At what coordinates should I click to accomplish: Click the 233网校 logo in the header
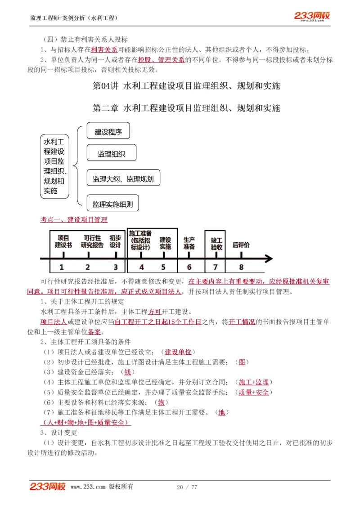coord(312,16)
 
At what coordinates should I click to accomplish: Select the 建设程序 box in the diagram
coord(108,132)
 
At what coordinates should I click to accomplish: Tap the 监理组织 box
coord(111,154)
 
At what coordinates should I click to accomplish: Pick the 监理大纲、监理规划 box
coord(123,179)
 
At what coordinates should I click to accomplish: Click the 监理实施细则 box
coord(112,204)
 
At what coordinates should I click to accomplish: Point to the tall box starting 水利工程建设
coord(54,166)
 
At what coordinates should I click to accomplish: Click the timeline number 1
coord(62,267)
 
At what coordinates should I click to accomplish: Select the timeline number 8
coord(241,267)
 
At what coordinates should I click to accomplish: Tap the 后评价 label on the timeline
coord(241,246)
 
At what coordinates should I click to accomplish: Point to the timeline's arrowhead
coord(269,259)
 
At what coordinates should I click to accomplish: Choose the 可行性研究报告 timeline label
coord(92,241)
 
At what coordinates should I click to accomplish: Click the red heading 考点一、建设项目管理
coord(74,219)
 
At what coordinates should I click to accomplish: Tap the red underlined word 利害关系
coord(104,50)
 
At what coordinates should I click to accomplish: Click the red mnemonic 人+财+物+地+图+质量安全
coord(85,422)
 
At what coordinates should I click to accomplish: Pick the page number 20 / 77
coord(187,487)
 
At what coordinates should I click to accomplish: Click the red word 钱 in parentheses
coord(128,372)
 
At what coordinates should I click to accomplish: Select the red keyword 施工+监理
coord(254,382)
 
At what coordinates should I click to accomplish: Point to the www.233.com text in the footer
coord(88,487)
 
